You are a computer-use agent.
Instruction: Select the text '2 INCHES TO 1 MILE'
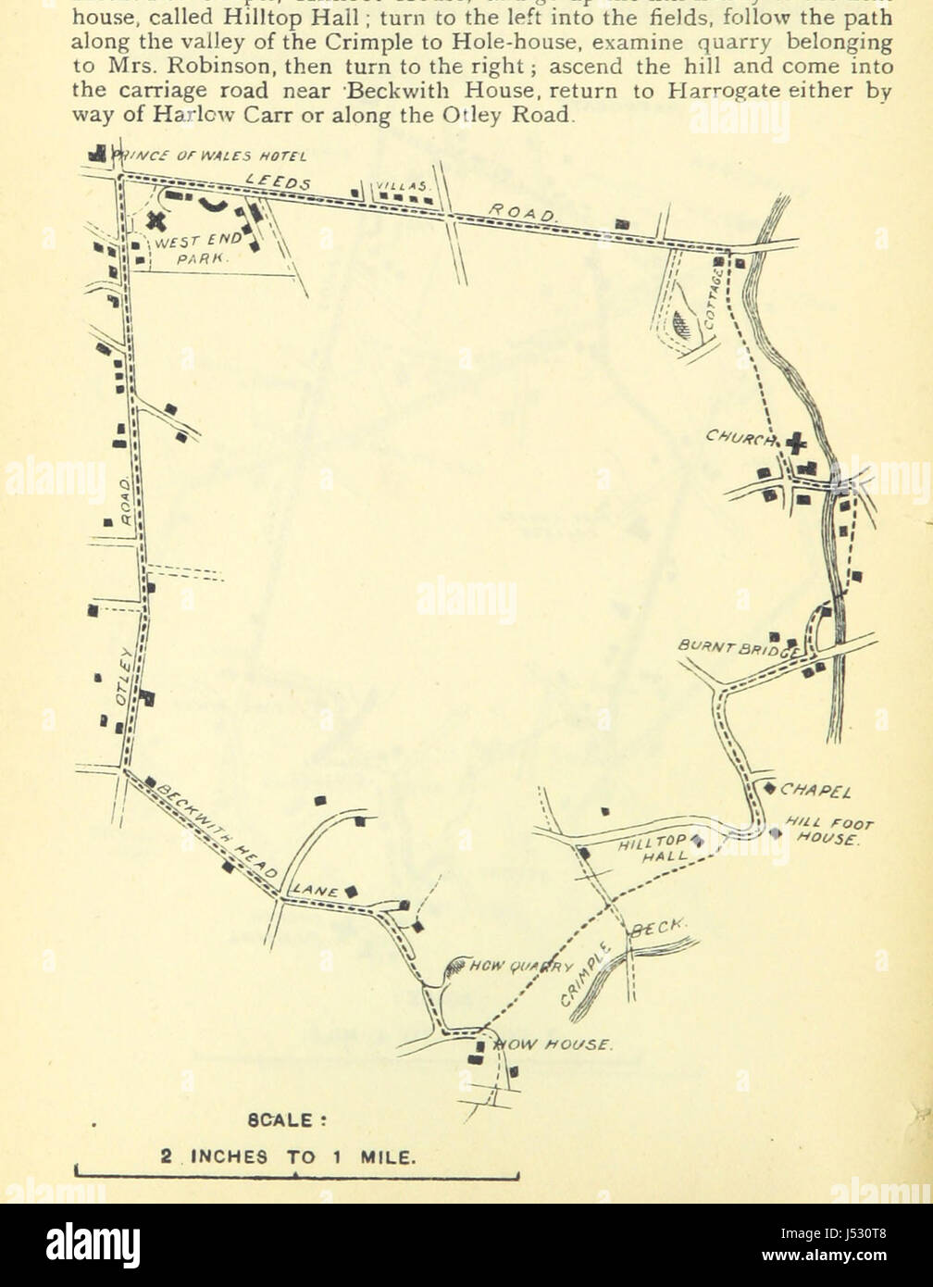pyautogui.click(x=289, y=1156)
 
